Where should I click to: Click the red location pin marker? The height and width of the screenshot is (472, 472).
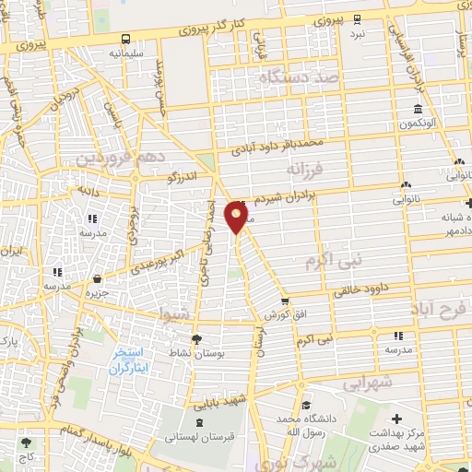[x=239, y=218]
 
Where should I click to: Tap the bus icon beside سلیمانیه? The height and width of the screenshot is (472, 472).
[x=126, y=39]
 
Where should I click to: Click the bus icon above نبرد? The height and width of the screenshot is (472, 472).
[x=357, y=18]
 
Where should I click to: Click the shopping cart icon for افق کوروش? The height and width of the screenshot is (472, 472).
[x=285, y=301]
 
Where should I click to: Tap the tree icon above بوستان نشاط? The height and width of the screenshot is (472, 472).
[x=195, y=337]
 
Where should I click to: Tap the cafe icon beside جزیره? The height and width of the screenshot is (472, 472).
[x=99, y=277]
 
